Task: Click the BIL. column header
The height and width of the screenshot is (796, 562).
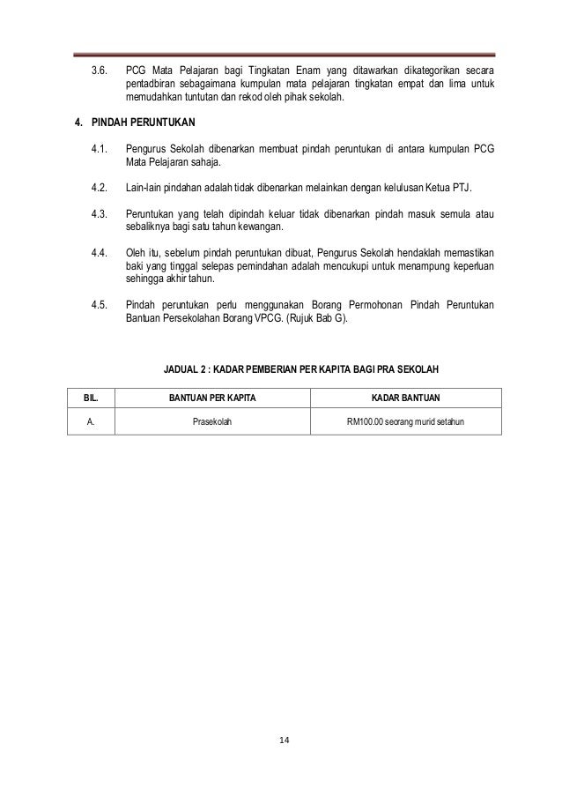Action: (91, 398)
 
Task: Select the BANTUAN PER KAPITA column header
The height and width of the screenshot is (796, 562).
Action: (212, 398)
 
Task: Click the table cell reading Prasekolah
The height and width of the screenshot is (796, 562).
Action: (212, 422)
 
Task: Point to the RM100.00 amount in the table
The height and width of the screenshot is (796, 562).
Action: (366, 422)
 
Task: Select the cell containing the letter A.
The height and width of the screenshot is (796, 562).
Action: (91, 422)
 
